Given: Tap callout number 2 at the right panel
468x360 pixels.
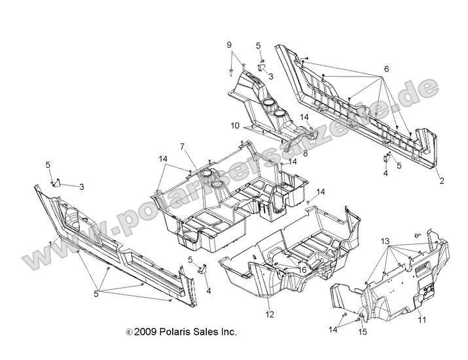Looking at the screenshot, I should (x=441, y=181).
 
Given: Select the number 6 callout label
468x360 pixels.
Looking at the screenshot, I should (x=386, y=69).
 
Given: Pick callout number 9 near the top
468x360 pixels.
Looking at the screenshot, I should (x=230, y=45).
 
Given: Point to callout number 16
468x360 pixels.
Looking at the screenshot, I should (x=285, y=269).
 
